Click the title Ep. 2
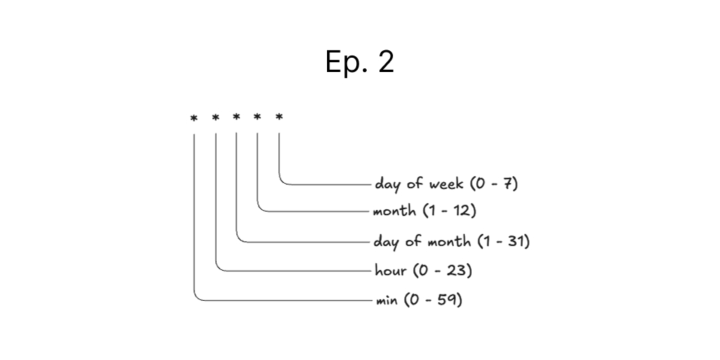click(359, 61)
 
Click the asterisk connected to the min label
click(194, 118)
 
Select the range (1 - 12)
click(449, 211)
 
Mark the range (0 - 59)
click(433, 300)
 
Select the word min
click(387, 301)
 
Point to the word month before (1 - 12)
click(394, 211)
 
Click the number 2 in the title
click(385, 61)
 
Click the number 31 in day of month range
click(516, 241)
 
